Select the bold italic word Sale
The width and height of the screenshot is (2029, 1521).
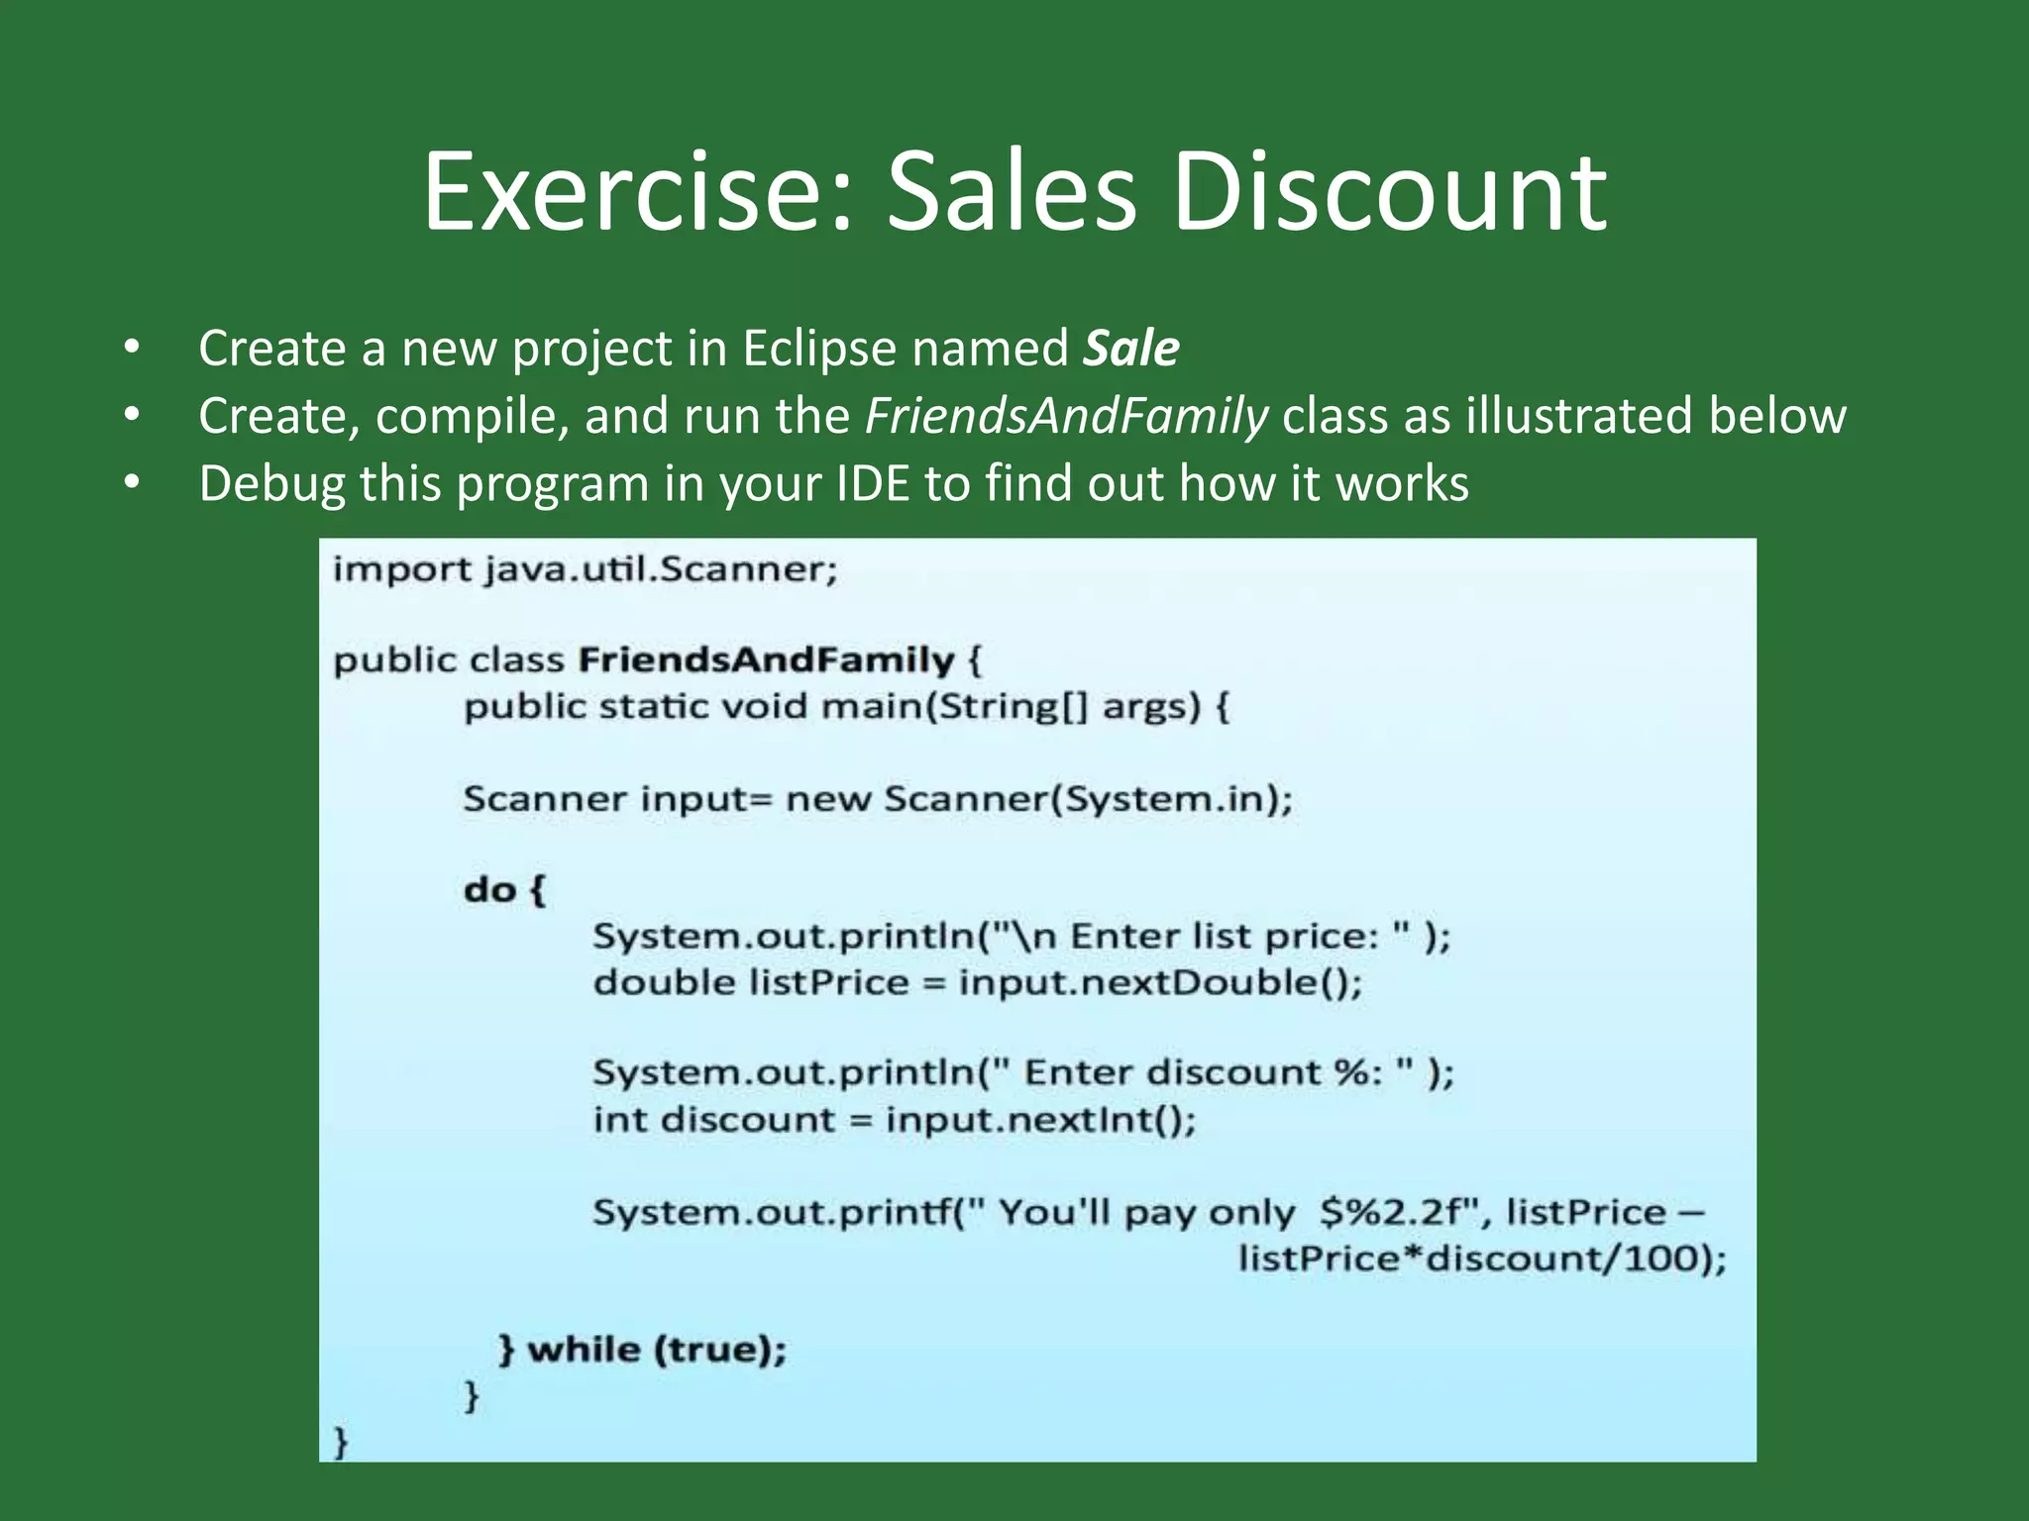coord(1130,349)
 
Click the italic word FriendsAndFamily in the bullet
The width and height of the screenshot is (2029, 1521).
coord(1066,416)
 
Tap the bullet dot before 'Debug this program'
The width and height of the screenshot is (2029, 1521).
coord(133,484)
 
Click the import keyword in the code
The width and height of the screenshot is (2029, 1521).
coord(401,570)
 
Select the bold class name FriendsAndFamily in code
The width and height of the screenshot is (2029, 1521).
coord(766,660)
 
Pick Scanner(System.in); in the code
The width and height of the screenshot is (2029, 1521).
coord(1088,798)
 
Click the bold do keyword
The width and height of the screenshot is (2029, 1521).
coord(489,889)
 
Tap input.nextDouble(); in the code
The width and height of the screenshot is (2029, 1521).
coord(1160,982)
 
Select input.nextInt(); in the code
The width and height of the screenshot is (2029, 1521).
coord(1040,1120)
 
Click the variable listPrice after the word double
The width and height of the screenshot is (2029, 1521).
coord(828,982)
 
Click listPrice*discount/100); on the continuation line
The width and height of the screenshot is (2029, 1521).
coord(1482,1259)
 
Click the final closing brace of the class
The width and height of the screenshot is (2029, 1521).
coord(341,1442)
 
